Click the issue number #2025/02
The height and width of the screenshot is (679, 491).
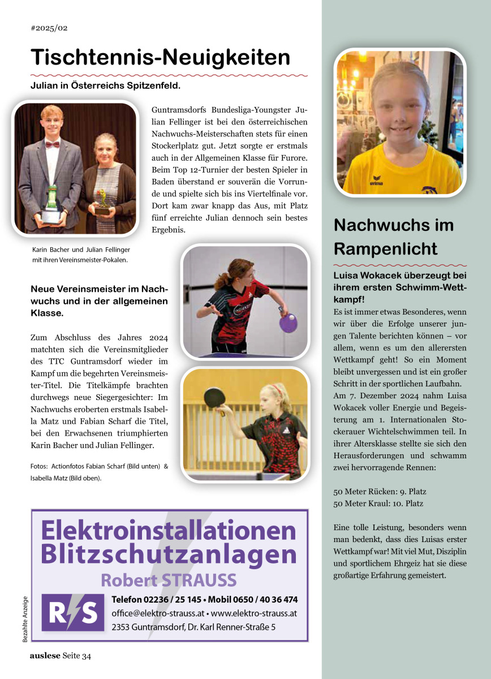click(x=49, y=27)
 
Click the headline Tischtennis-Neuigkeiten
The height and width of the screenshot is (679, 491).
click(x=160, y=57)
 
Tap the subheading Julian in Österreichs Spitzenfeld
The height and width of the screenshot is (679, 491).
click(x=105, y=86)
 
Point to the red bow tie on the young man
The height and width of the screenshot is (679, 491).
click(x=53, y=144)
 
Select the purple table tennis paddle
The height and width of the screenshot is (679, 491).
click(x=288, y=323)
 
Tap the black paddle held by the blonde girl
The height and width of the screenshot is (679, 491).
click(x=215, y=398)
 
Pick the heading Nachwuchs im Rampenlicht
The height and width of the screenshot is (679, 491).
click(x=394, y=237)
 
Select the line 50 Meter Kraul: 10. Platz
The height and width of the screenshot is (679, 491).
click(x=378, y=503)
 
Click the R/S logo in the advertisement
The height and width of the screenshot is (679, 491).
click(x=73, y=612)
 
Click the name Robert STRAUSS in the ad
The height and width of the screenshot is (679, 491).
click(x=169, y=580)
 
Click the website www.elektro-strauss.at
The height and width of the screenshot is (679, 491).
click(x=254, y=613)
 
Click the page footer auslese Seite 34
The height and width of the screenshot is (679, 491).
click(x=61, y=656)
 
